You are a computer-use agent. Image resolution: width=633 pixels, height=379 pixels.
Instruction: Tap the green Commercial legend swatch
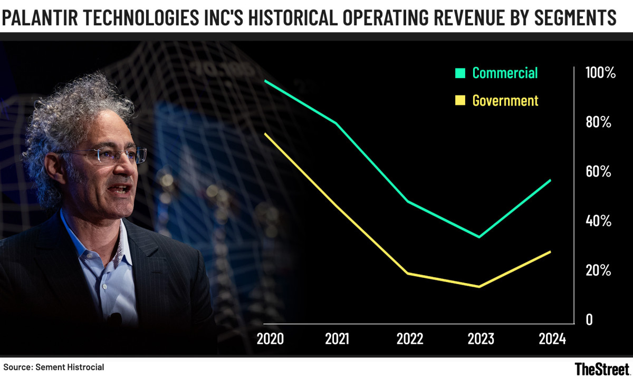(x=461, y=73)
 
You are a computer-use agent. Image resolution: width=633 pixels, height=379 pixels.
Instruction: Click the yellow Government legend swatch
(x=461, y=101)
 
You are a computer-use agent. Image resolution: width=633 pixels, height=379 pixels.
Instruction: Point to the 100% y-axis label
(x=600, y=73)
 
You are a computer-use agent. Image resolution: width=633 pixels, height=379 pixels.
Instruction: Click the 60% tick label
(x=598, y=172)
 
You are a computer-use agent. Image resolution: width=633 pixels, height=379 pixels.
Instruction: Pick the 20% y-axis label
(x=598, y=271)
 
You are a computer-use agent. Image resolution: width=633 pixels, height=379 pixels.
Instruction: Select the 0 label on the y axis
(x=590, y=320)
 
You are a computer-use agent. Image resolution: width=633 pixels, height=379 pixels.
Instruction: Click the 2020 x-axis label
(x=270, y=338)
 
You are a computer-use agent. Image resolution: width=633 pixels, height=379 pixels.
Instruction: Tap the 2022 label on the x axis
(x=409, y=338)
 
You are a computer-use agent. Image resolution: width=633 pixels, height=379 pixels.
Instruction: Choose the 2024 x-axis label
(x=552, y=338)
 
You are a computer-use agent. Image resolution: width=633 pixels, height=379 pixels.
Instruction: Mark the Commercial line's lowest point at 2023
(x=479, y=237)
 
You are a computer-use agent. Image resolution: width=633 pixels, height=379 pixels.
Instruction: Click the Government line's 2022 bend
(x=408, y=274)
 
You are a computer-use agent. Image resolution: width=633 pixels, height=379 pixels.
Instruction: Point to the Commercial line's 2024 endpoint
(x=550, y=180)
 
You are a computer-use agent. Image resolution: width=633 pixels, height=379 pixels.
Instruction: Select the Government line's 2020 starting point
(x=265, y=134)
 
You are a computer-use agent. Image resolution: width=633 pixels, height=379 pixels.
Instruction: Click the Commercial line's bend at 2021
(x=336, y=123)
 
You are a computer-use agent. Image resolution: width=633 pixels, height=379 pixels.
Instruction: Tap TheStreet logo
(x=601, y=367)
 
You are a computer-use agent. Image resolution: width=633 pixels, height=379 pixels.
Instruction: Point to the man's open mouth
(x=122, y=189)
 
